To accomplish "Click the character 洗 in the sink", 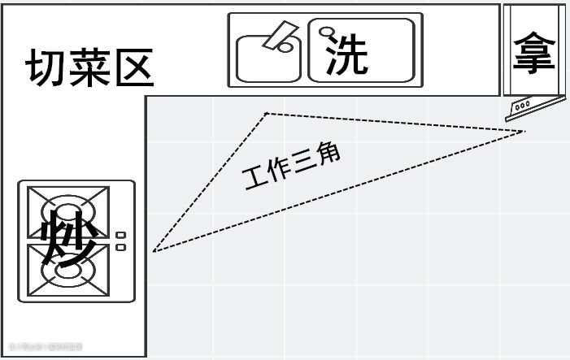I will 347,54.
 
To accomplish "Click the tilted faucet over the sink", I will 281,37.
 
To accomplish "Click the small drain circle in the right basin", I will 328,32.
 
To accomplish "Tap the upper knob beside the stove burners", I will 121,236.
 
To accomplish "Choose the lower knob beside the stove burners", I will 121,246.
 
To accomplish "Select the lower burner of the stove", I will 68,270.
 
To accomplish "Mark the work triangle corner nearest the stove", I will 154,251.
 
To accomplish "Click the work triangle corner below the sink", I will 267,114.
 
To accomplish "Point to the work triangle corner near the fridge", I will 525,131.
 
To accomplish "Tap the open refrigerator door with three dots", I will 535,103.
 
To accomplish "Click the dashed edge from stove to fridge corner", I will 342,190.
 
